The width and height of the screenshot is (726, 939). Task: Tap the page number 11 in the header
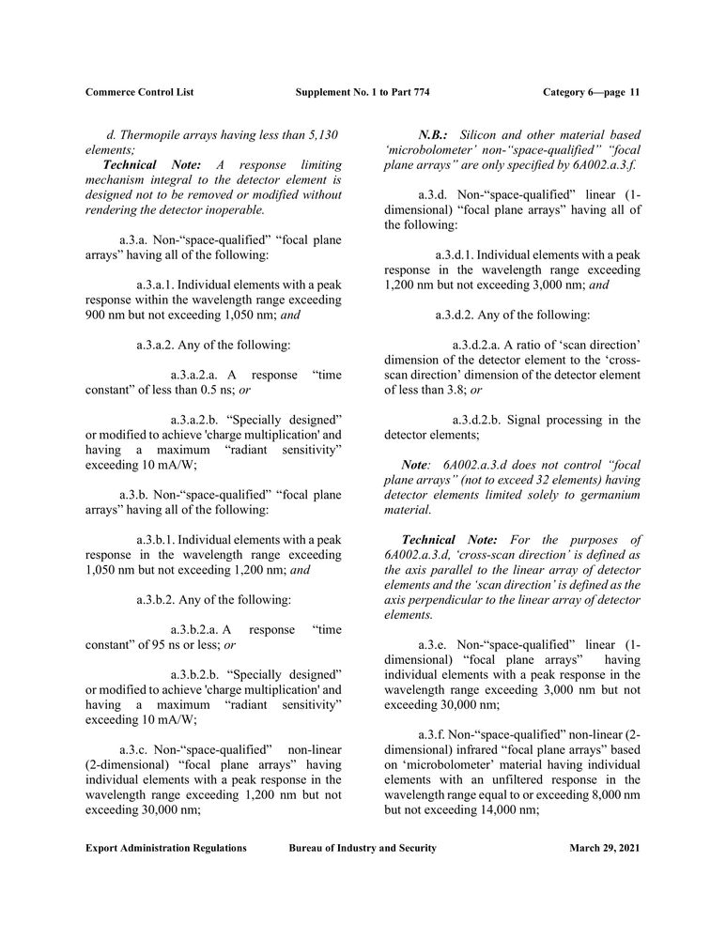pyautogui.click(x=635, y=92)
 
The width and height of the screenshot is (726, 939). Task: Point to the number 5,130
pyautogui.click(x=317, y=135)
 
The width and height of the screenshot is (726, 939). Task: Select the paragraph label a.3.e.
pyautogui.click(x=433, y=645)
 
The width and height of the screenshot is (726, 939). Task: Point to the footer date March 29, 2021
pyautogui.click(x=605, y=848)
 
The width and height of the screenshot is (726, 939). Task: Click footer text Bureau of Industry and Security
pyautogui.click(x=363, y=848)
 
